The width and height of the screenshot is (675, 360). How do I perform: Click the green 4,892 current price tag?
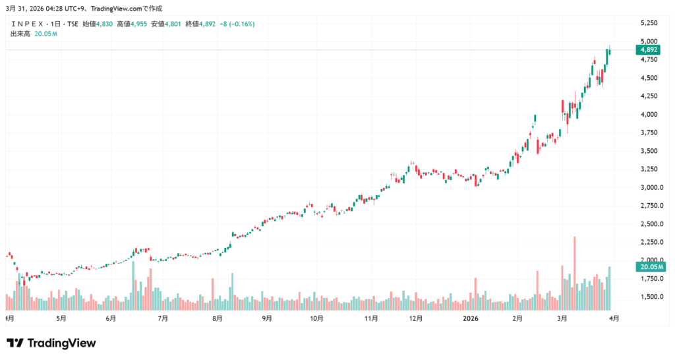tap(649, 49)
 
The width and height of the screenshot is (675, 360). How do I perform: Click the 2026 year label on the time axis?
tap(471, 318)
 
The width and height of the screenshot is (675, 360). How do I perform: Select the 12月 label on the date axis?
tap(416, 318)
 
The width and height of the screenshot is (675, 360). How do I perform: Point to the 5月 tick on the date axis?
tap(61, 318)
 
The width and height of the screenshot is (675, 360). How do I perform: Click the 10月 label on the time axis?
tap(317, 318)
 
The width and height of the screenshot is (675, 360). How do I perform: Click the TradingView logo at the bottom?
tap(51, 343)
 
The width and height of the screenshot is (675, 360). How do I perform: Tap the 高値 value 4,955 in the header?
tap(138, 24)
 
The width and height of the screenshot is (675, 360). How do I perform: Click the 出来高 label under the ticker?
tap(20, 34)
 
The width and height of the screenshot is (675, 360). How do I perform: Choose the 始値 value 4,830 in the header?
tap(104, 24)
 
